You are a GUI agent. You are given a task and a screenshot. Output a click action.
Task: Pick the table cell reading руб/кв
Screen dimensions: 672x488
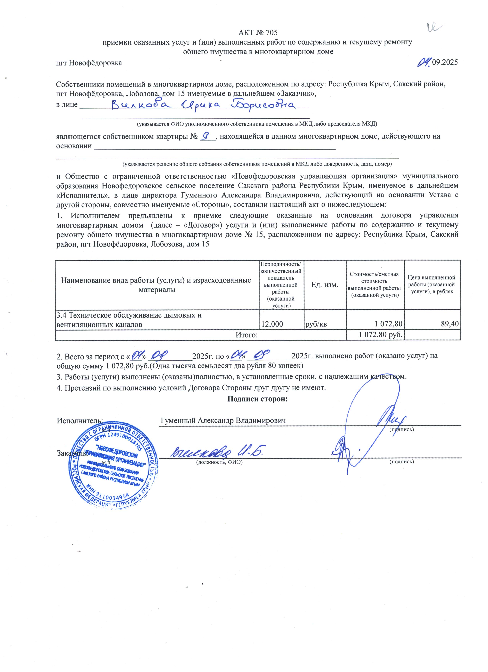pos(316,324)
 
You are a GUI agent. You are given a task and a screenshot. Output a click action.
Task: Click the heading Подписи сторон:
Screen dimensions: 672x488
pos(257,399)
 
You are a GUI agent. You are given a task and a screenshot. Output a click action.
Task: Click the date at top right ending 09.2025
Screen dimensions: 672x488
pos(437,62)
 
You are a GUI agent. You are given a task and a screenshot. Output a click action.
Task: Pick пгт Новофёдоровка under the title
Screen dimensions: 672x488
pos(89,63)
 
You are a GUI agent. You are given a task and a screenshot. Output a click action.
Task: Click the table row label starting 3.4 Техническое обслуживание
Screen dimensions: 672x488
pos(129,319)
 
